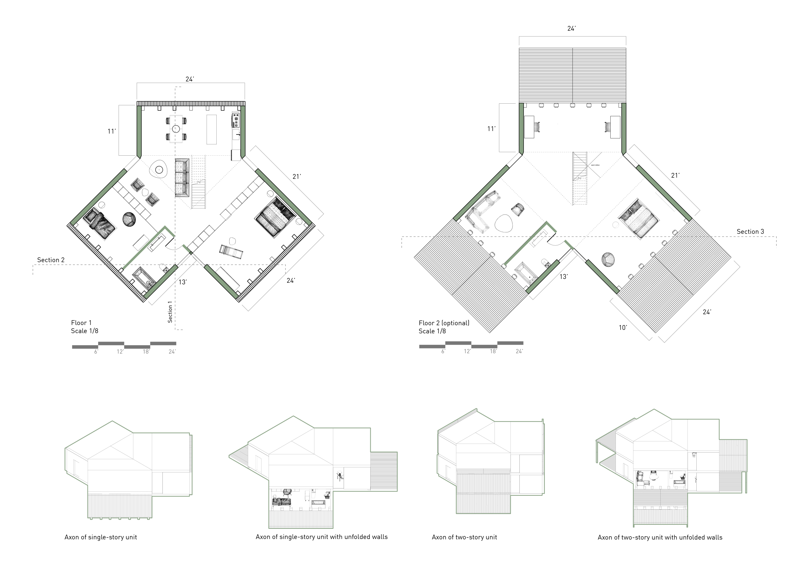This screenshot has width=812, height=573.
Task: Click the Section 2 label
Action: (x=51, y=260)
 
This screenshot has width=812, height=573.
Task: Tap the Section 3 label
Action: (x=750, y=232)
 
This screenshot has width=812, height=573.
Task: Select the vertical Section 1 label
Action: (x=170, y=312)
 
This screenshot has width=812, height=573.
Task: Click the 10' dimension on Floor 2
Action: (x=623, y=328)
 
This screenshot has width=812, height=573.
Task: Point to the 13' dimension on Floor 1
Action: (x=183, y=282)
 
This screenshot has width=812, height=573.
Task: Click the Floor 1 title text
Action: (x=81, y=323)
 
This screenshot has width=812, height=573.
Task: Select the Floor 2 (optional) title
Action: (x=444, y=323)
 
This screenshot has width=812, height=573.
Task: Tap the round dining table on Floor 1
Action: (x=176, y=129)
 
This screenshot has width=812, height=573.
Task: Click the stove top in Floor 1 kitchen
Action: (x=236, y=120)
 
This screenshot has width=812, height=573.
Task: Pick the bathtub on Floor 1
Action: (x=143, y=278)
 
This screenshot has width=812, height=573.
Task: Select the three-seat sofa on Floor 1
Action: (x=182, y=178)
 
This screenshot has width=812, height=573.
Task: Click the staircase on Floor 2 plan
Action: (x=580, y=179)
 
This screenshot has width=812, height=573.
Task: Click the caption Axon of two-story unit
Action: (x=464, y=537)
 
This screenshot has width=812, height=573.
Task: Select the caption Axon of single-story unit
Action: (x=100, y=537)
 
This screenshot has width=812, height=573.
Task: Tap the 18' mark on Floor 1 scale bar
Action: (x=146, y=352)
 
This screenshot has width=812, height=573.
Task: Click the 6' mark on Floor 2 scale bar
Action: (x=443, y=351)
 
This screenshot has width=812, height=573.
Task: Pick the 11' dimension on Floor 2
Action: (x=491, y=129)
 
